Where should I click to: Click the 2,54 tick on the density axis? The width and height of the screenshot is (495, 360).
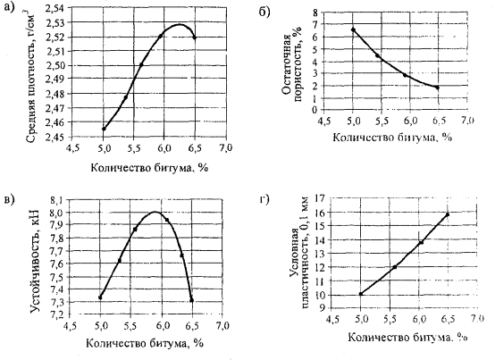(x=56, y=8)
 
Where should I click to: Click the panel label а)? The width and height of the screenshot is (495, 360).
(x=10, y=9)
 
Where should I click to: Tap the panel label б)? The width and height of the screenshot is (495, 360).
(x=264, y=12)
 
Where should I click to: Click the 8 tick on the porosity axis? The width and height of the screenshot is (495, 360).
(x=315, y=13)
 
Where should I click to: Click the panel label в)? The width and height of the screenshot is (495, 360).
(x=9, y=200)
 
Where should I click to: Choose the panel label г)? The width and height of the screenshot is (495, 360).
(x=264, y=200)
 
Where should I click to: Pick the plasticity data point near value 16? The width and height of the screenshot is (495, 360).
(x=448, y=214)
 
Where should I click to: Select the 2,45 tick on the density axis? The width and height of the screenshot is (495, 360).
(x=56, y=138)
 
